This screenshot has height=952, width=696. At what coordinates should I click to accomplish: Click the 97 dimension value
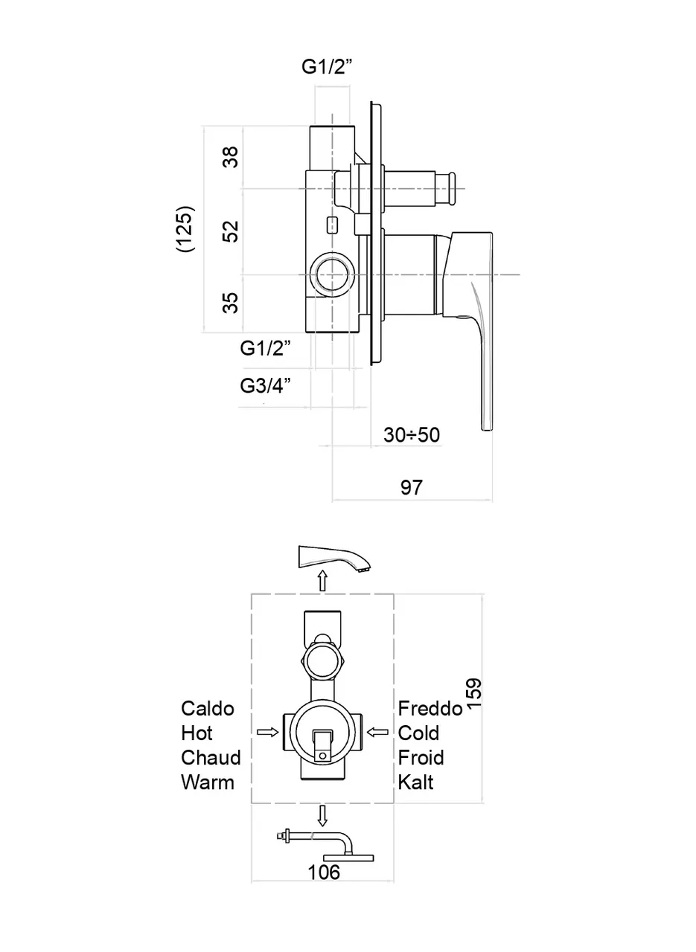[411, 488]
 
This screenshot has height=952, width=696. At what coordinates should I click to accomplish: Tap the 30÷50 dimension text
[412, 435]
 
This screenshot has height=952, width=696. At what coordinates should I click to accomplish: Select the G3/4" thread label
[264, 386]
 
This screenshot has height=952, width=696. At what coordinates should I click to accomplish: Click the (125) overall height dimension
[185, 229]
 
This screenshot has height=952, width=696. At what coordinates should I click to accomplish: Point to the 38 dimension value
[232, 158]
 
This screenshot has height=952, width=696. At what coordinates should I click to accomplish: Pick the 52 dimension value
[232, 231]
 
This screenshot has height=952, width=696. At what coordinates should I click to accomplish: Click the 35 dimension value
[232, 302]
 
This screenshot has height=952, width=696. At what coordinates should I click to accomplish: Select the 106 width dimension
[324, 872]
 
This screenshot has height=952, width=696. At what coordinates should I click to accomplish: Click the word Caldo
[208, 708]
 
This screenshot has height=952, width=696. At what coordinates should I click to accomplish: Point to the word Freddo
[430, 708]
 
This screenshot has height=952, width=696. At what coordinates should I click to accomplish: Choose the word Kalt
[415, 782]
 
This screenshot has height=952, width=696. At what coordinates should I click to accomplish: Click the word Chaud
[211, 757]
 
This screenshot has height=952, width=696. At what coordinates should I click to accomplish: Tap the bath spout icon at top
[333, 558]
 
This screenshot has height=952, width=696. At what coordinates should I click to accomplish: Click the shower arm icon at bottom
[328, 846]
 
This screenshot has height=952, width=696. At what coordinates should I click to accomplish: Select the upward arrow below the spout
[322, 580]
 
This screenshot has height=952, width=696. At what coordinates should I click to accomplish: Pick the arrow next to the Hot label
[266, 733]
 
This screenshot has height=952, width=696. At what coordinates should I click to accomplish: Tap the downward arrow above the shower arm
[322, 816]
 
